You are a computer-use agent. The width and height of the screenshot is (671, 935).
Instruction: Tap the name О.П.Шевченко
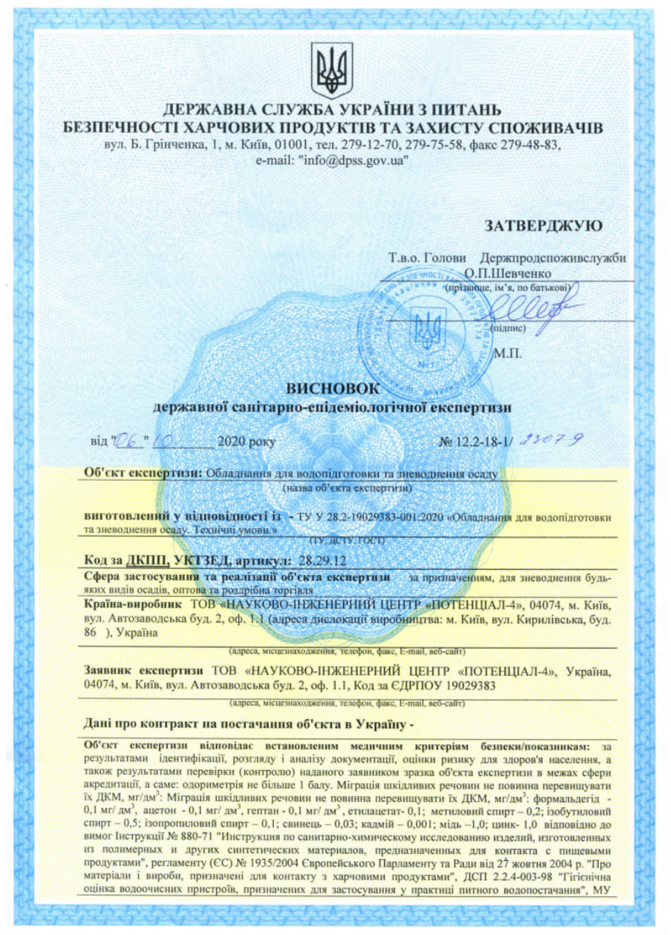pos(506,273)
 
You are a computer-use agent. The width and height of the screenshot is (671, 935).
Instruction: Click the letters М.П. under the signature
pos(509,355)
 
